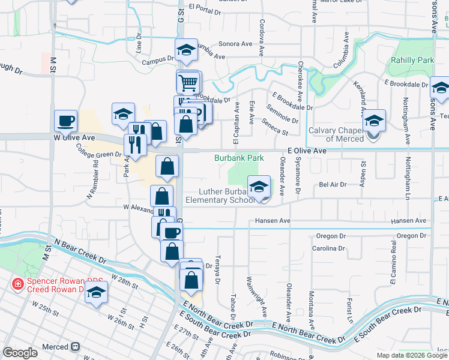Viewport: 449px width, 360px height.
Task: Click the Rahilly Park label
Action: (x=412, y=61)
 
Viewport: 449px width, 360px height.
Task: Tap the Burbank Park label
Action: (x=240, y=158)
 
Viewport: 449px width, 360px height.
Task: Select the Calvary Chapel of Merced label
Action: (x=336, y=134)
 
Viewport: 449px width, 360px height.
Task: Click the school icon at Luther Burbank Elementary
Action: (x=259, y=187)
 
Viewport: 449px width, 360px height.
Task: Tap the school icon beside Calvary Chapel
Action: (x=374, y=121)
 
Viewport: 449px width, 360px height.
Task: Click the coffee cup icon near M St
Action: (x=65, y=121)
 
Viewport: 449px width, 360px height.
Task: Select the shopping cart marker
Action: (x=188, y=82)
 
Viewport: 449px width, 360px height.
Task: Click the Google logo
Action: (x=20, y=353)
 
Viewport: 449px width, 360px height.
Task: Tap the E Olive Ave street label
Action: (x=306, y=151)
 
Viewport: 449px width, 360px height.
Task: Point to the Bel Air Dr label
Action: (x=333, y=185)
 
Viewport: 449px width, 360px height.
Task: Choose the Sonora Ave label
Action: (x=235, y=44)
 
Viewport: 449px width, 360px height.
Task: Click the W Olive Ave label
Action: (x=76, y=137)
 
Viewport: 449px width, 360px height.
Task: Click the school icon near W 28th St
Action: (x=95, y=294)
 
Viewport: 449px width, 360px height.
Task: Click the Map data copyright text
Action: (x=412, y=355)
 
